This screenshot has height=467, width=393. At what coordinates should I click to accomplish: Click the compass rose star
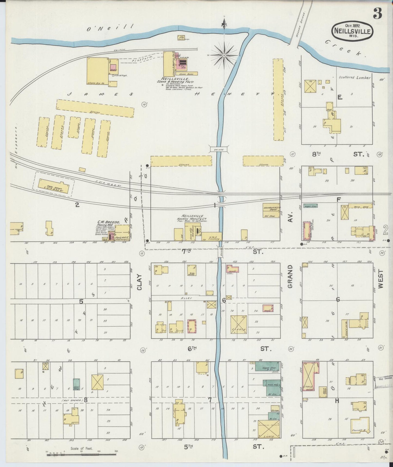tap(224, 56)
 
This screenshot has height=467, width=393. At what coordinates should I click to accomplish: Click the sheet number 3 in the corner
tap(377, 14)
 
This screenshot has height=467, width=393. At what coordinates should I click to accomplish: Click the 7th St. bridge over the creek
tap(221, 251)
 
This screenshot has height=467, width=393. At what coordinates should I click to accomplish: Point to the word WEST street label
tap(380, 279)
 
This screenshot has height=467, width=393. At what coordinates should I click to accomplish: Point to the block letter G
tap(338, 300)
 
